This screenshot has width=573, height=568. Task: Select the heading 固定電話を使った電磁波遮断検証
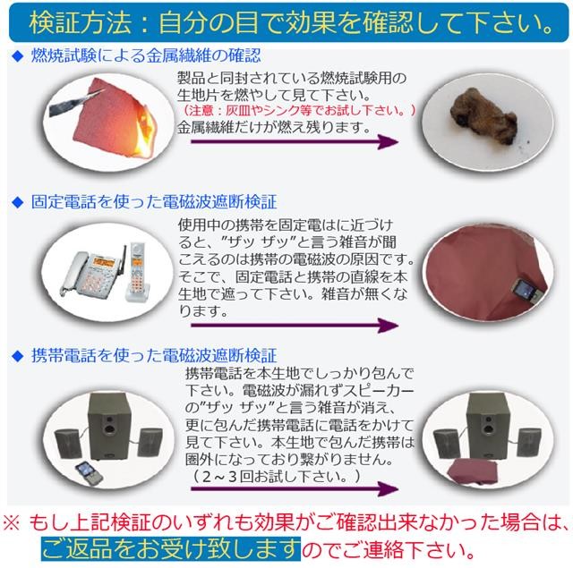[152, 202]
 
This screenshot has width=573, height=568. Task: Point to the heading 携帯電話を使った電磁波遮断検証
[152, 355]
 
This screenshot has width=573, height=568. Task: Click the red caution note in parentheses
[300, 110]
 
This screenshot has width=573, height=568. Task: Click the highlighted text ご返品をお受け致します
[171, 545]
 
